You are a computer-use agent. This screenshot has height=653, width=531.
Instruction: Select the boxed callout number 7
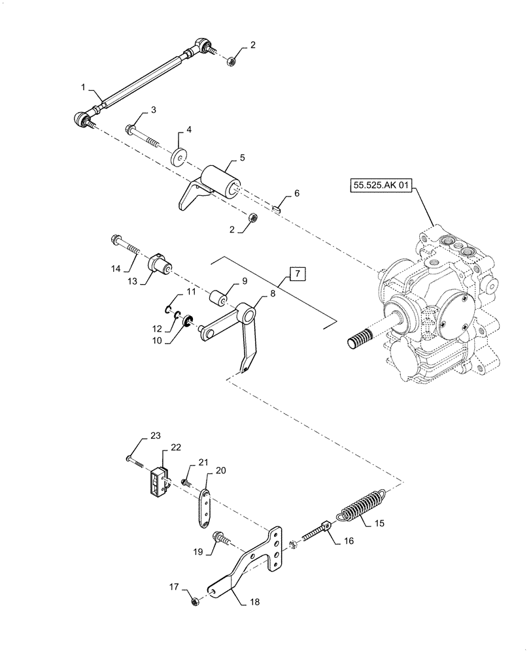coord(296,274)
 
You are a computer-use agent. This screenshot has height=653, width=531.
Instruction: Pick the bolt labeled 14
coord(126,246)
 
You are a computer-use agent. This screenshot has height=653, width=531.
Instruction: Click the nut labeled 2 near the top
coord(231,61)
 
